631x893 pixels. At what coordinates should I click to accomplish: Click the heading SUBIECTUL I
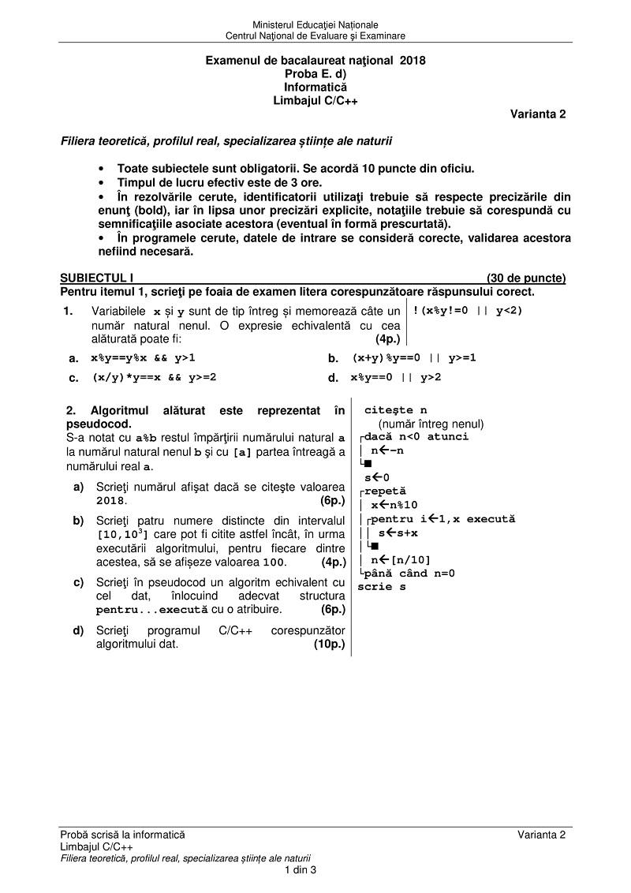click(x=97, y=278)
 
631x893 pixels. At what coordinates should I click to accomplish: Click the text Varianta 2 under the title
click(x=538, y=114)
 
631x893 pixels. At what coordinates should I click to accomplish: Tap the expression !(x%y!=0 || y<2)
click(x=468, y=310)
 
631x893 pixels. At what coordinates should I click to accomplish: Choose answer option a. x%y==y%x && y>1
click(x=143, y=357)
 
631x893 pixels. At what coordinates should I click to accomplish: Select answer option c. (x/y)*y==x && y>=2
click(x=154, y=377)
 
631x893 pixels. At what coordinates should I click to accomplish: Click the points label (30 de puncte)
click(x=526, y=278)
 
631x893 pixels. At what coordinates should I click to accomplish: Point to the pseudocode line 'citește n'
click(x=395, y=410)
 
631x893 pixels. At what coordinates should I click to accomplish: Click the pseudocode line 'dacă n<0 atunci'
click(x=416, y=436)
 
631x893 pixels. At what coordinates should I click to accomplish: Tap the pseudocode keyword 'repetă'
click(x=385, y=491)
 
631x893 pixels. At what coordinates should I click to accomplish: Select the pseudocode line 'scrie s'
click(x=382, y=586)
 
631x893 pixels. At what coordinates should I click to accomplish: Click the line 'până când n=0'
click(x=409, y=574)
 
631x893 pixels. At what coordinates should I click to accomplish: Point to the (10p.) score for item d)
click(x=329, y=644)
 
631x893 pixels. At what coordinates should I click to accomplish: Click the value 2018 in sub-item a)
click(x=111, y=500)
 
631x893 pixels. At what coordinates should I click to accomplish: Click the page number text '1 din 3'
click(x=301, y=870)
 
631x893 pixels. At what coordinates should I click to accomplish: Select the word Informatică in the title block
click(x=315, y=87)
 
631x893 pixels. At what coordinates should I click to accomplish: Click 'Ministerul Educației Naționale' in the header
click(x=315, y=26)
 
